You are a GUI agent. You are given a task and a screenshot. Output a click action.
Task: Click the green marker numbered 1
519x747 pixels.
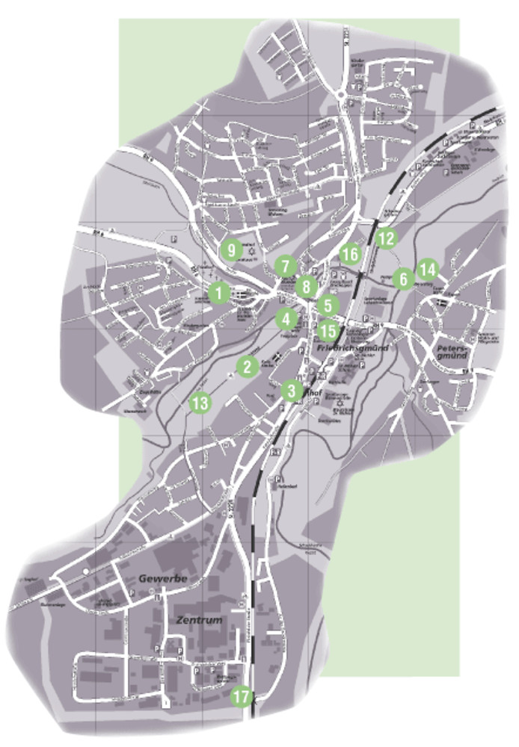point(218,293)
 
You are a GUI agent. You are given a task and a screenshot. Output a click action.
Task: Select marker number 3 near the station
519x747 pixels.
point(292,389)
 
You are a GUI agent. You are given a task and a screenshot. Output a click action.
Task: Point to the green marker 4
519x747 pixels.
point(286,319)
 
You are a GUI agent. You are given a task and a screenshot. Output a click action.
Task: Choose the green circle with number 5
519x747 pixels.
point(328,305)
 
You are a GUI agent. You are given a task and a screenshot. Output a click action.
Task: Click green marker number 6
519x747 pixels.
point(403,279)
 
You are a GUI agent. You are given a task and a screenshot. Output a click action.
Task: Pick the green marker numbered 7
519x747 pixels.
point(284,265)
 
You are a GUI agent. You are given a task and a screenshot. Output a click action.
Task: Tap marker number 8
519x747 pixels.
point(306,285)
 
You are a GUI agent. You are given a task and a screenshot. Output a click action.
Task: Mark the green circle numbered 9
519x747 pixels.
point(231,249)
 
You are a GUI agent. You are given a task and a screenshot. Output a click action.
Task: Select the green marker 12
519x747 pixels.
point(386,239)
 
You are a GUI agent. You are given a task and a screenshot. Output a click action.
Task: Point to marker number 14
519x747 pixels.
point(427,269)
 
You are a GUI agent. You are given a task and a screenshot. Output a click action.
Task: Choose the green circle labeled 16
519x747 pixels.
point(349,254)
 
